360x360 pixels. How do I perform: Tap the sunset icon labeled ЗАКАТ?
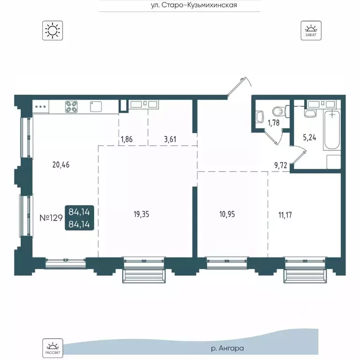[x=311, y=30]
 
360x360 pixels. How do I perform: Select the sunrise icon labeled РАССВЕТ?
[x=52, y=348]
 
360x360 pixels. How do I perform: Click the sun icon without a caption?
[x=52, y=30]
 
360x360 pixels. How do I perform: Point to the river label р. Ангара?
[x=227, y=349]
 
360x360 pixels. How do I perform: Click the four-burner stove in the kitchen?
[x=71, y=107]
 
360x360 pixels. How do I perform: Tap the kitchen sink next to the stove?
[x=96, y=106]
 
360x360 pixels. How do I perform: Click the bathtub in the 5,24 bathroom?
[x=331, y=130]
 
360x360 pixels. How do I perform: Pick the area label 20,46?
[x=61, y=165]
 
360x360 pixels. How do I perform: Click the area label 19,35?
[x=141, y=214]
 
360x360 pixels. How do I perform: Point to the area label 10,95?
[x=227, y=214]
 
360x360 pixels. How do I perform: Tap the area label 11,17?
[x=285, y=215]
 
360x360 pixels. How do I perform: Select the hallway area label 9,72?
[x=281, y=165]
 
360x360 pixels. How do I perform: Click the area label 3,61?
[x=170, y=139]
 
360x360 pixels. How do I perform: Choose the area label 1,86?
[x=127, y=139]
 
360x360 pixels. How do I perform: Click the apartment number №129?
[x=51, y=217]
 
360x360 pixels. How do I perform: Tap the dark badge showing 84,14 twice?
[x=79, y=217]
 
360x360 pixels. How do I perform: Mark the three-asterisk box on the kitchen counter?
[x=41, y=107]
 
